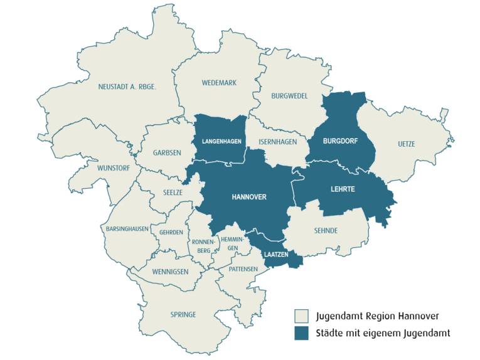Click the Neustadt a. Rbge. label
click(127, 87)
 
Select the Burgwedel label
click(289, 96)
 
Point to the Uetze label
click(406, 144)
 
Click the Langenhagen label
click(221, 142)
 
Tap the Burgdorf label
click(340, 142)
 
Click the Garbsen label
click(167, 152)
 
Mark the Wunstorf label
click(114, 168)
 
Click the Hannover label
click(249, 197)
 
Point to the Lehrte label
click(343, 189)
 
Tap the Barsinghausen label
click(127, 229)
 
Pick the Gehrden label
click(171, 232)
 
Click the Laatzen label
click(276, 255)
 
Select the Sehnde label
click(326, 231)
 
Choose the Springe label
click(183, 314)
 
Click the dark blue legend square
click(302, 332)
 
